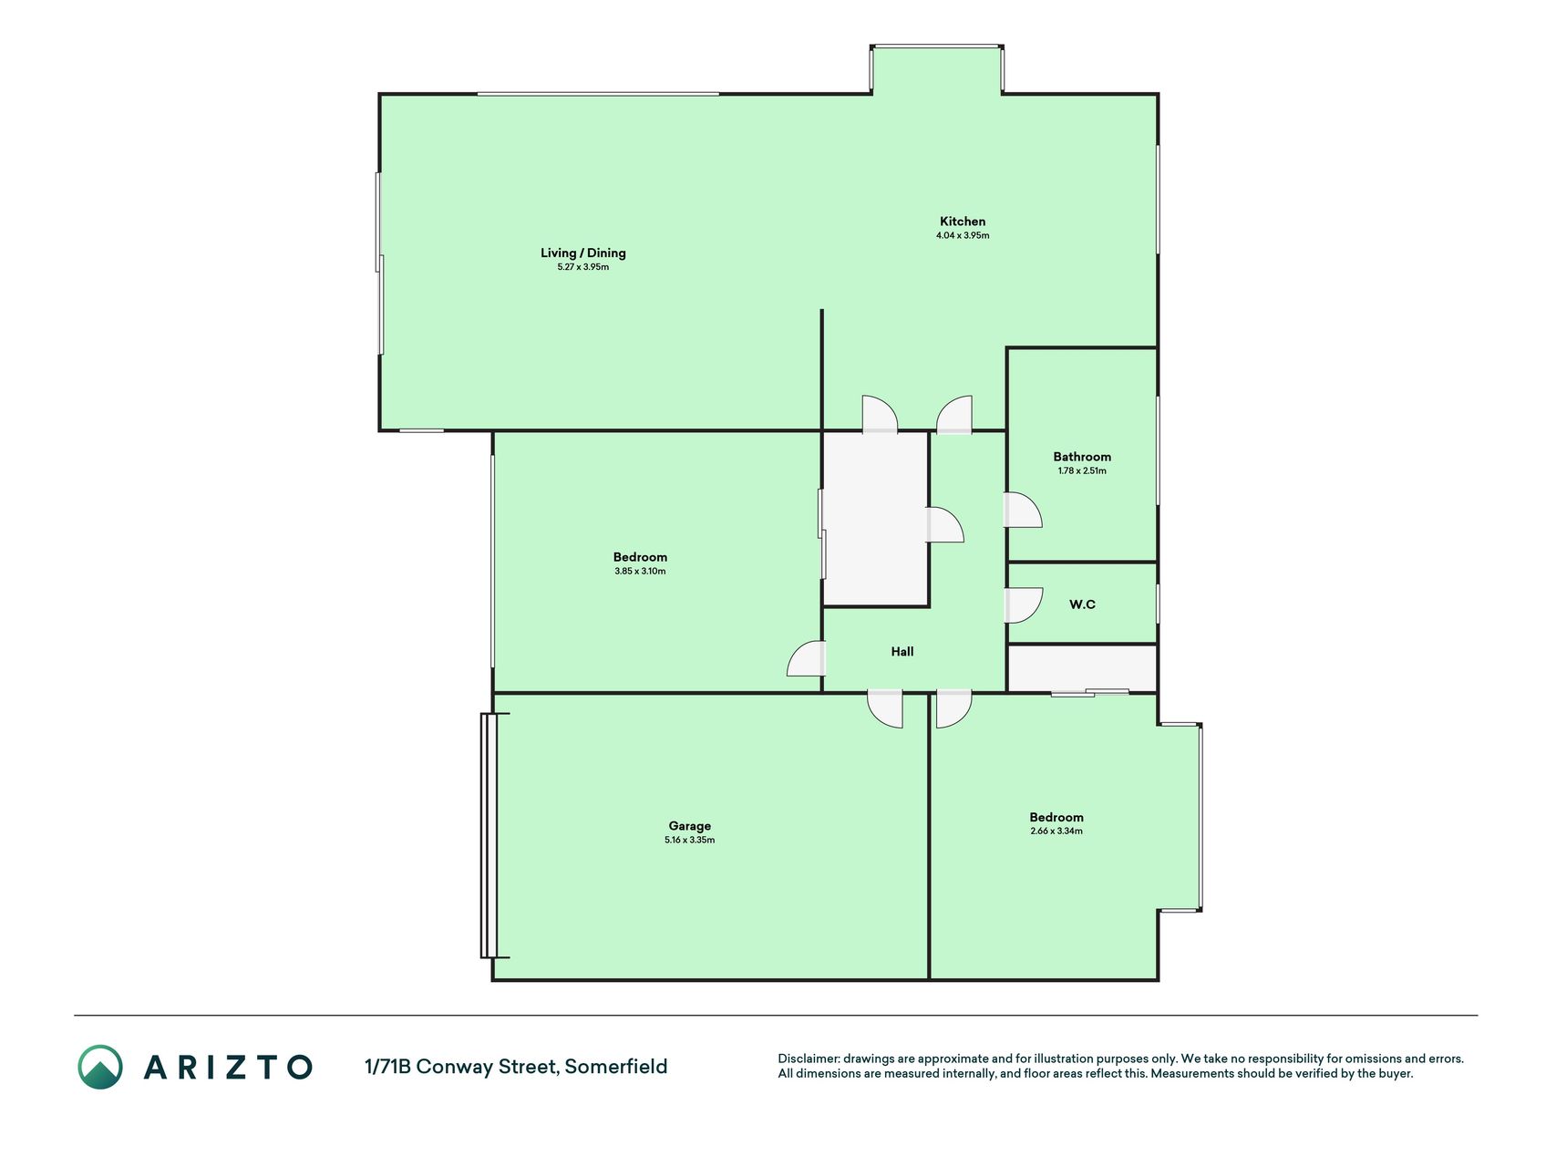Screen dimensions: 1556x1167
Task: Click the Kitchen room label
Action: (x=963, y=222)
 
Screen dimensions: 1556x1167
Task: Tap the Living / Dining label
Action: (x=583, y=253)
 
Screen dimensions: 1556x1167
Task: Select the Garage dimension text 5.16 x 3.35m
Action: (x=690, y=840)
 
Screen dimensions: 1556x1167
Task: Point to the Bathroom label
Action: (x=1082, y=457)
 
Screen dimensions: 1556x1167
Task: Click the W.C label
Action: (x=1082, y=604)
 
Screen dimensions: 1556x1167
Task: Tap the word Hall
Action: (x=902, y=651)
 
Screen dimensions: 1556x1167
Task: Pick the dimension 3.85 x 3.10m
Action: (x=640, y=571)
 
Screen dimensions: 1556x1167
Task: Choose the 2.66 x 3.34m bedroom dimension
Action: (x=1056, y=831)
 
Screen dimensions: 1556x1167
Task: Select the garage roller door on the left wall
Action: (x=489, y=835)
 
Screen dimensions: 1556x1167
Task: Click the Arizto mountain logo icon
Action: (x=100, y=1067)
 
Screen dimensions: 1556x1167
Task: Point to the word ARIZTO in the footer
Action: (x=228, y=1067)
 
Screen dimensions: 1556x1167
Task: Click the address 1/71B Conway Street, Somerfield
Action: (x=516, y=1066)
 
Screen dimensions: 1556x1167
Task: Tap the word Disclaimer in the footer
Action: (x=808, y=1059)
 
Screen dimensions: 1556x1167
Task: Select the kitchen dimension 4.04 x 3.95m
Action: (x=963, y=235)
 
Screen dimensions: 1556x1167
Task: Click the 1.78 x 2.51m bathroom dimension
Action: (x=1082, y=470)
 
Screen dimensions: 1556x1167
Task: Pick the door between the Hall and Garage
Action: (x=885, y=709)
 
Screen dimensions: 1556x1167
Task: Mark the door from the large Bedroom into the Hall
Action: (x=807, y=658)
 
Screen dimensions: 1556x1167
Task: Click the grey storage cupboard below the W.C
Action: (x=1082, y=668)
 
